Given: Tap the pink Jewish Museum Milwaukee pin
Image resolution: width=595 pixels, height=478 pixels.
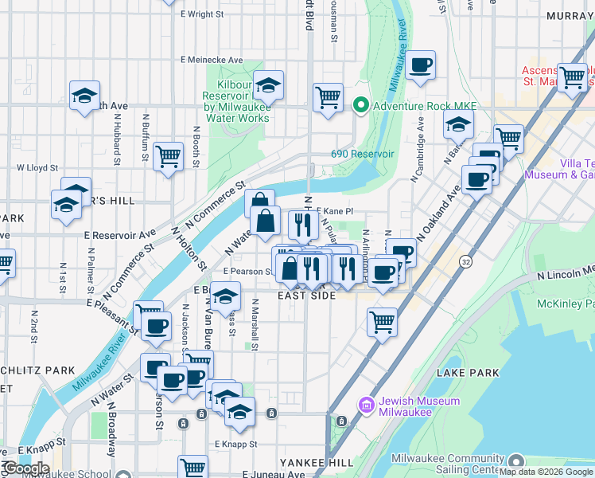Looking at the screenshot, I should [367, 406].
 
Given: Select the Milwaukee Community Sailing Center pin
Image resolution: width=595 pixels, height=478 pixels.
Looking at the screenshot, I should [515, 461].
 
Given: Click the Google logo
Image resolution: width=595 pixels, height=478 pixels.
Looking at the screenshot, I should [25, 468].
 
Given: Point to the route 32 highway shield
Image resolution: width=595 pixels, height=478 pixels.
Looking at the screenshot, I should [466, 261].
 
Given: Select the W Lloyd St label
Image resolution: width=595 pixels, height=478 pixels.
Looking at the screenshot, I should [37, 168].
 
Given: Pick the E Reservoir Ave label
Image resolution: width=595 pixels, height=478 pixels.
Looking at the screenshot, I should [120, 235].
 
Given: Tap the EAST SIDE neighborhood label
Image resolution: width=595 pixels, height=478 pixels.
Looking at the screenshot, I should [305, 296].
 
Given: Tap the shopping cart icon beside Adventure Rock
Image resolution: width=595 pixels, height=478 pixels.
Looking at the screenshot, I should [328, 98].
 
